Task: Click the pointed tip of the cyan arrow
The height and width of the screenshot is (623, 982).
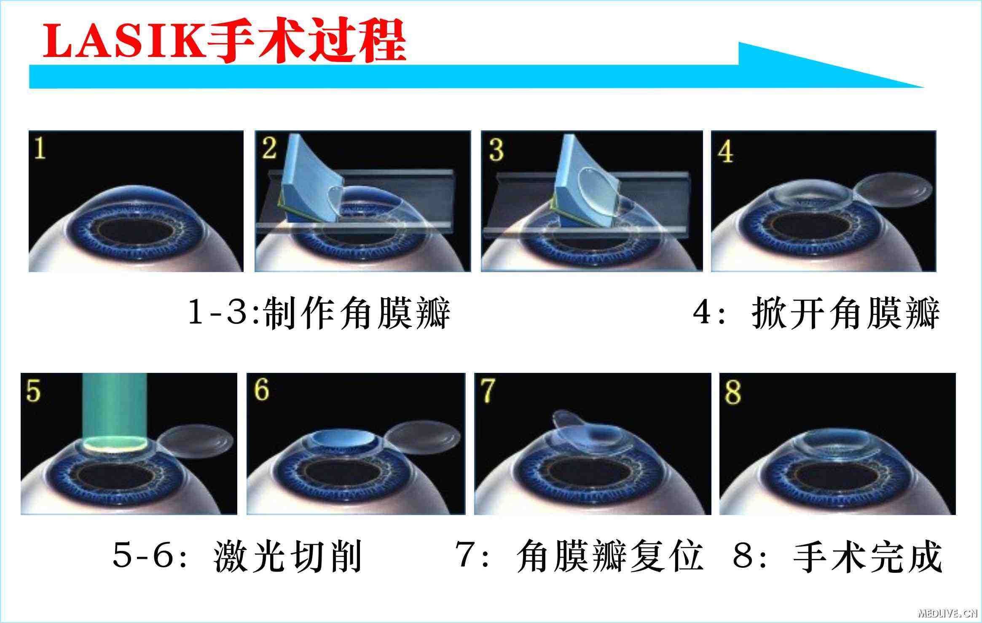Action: point(924,87)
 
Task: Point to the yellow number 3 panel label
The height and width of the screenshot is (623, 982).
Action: point(496,150)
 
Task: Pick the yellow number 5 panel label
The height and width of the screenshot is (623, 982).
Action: point(33,391)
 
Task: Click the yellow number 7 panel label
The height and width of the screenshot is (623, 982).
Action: point(488,391)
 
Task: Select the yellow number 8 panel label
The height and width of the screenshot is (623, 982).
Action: point(733,392)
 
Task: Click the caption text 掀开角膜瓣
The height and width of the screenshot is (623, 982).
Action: point(845,313)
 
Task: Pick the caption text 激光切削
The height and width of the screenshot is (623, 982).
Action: point(288,556)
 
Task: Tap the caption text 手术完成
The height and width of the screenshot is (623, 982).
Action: point(867,556)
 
